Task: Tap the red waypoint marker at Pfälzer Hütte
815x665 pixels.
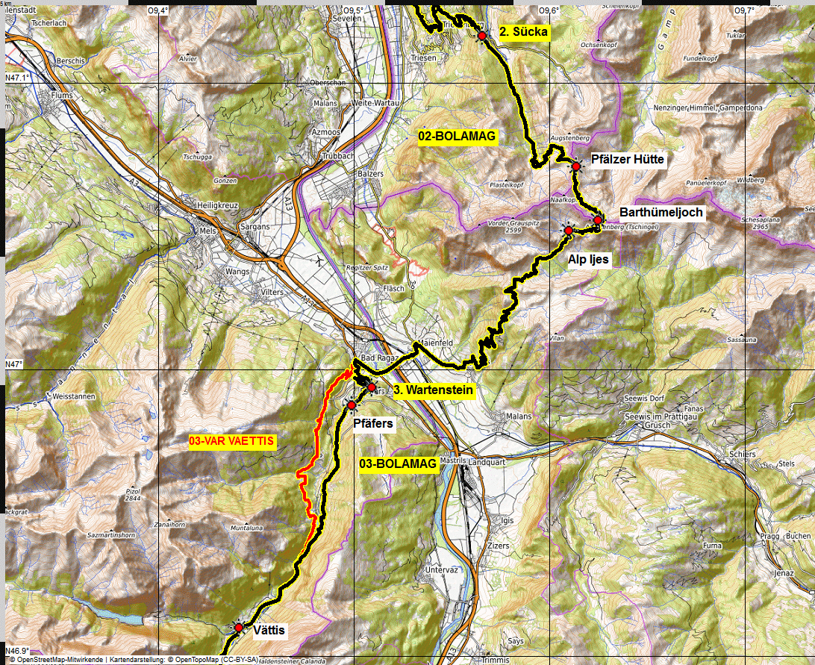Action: pyautogui.click(x=576, y=166)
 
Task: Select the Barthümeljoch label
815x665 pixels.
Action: pyautogui.click(x=661, y=212)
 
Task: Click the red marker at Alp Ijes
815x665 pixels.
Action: pyautogui.click(x=568, y=231)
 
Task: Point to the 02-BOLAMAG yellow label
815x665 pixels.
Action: pyautogui.click(x=457, y=136)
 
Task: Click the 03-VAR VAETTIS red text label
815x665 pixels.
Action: pyautogui.click(x=232, y=441)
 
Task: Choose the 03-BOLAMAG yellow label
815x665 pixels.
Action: pyautogui.click(x=398, y=463)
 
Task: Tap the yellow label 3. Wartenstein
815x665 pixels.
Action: pyautogui.click(x=434, y=390)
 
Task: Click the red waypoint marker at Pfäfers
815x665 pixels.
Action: pyautogui.click(x=352, y=405)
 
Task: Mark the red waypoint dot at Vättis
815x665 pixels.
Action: pyautogui.click(x=238, y=628)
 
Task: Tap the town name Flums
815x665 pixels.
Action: pyautogui.click(x=60, y=96)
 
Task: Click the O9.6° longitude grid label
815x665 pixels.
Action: pyautogui.click(x=549, y=10)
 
